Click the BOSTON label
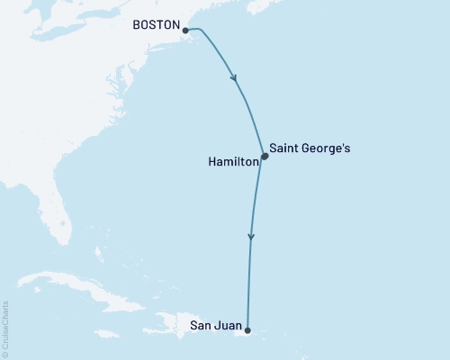click(x=156, y=26)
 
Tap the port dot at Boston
click(x=185, y=31)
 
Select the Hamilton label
click(x=232, y=163)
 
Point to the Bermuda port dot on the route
click(x=264, y=156)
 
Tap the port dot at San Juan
click(x=247, y=330)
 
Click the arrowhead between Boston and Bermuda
click(x=236, y=78)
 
